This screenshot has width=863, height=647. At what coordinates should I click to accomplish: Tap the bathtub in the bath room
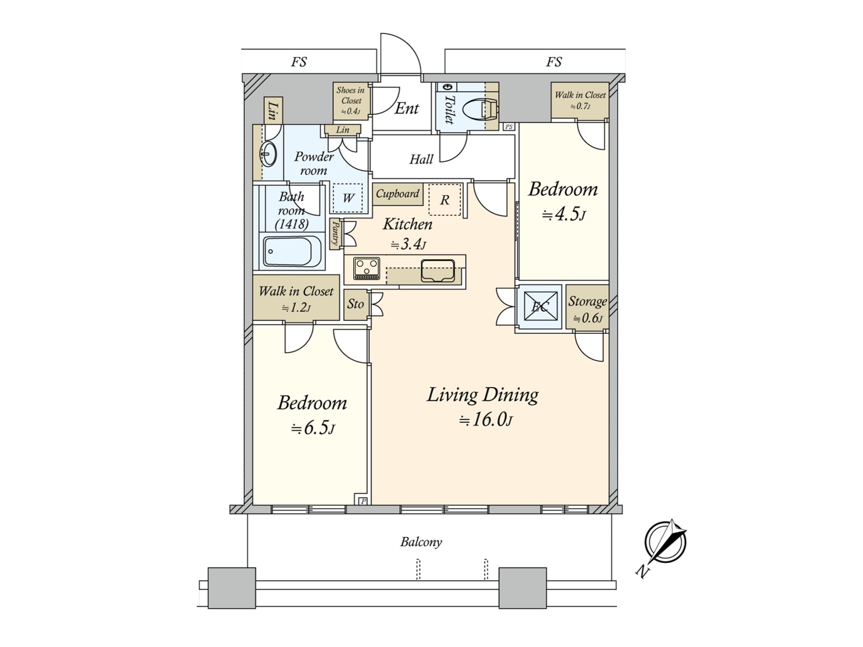point(293,252)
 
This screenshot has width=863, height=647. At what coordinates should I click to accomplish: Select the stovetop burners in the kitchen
point(367,268)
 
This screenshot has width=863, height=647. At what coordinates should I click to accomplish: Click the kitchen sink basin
point(438,270)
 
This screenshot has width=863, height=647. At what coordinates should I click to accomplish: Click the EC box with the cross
point(540,307)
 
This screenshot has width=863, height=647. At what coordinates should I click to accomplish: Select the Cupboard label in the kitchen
point(397,194)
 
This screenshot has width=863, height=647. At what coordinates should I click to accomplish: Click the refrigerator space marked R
point(445,199)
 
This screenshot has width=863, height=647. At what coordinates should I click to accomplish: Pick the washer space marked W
point(347,198)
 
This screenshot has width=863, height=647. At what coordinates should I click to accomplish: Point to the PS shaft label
point(509,127)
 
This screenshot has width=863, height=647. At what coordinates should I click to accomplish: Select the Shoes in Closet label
point(351,101)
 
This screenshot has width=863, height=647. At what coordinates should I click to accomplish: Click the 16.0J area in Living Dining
point(486,420)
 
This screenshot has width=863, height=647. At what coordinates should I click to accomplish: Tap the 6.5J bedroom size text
point(313,428)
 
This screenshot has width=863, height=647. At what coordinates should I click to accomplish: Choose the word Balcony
point(421,542)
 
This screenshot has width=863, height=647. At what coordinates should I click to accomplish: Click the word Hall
point(421,159)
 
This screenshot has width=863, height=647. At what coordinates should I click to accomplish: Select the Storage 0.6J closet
point(587,307)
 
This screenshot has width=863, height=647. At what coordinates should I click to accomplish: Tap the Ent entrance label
point(406,108)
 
